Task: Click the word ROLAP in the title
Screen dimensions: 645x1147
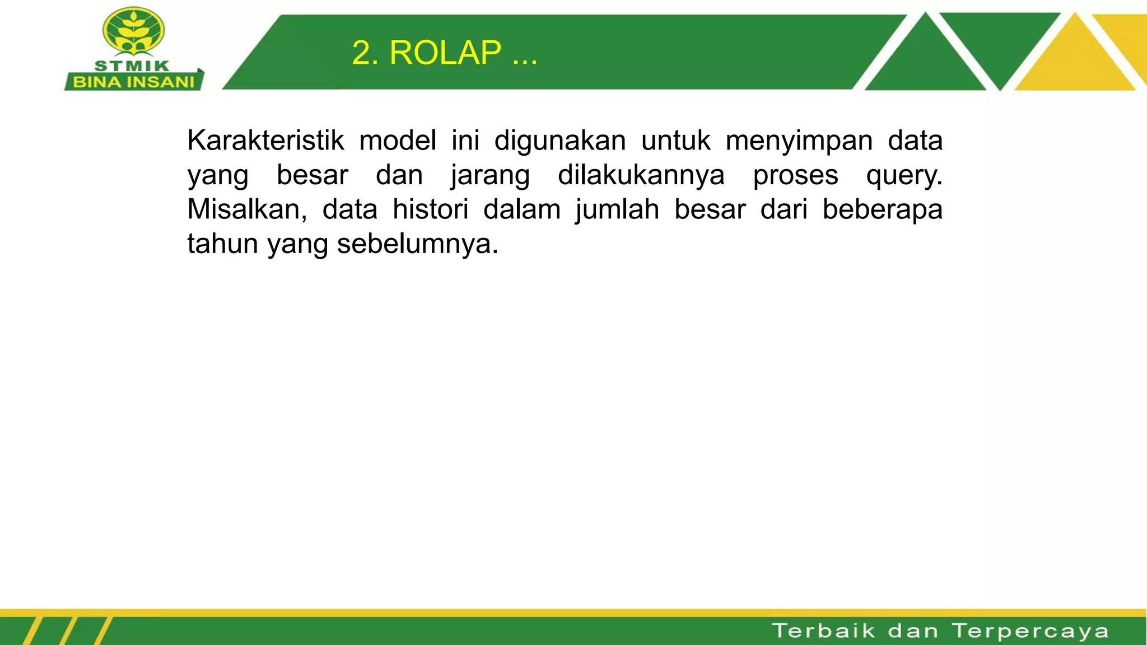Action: [x=445, y=53]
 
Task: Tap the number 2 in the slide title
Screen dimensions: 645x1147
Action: [x=362, y=53]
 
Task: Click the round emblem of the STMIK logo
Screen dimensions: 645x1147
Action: [x=133, y=31]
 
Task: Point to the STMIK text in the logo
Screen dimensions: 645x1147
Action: [x=132, y=66]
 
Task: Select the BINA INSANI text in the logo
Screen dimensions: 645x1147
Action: [x=134, y=82]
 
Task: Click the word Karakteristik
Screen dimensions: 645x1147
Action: [x=265, y=140]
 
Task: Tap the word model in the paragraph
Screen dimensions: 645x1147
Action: [x=398, y=140]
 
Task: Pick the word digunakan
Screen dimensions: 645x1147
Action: [x=560, y=141]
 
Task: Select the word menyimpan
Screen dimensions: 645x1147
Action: [x=799, y=141]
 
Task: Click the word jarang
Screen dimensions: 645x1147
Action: [x=490, y=176]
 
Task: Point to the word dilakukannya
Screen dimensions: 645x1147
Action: [x=641, y=175]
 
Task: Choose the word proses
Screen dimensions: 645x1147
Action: [x=795, y=176]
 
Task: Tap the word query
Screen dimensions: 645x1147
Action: [x=904, y=176]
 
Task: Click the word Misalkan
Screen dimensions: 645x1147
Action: [x=247, y=209]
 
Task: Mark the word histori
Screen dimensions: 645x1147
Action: [x=430, y=209]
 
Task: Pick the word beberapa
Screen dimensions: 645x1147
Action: [x=882, y=209]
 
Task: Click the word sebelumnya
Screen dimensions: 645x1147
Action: [x=417, y=244]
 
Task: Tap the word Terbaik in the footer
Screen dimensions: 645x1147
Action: [x=824, y=631]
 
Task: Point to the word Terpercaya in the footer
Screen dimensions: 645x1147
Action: [x=1031, y=631]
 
